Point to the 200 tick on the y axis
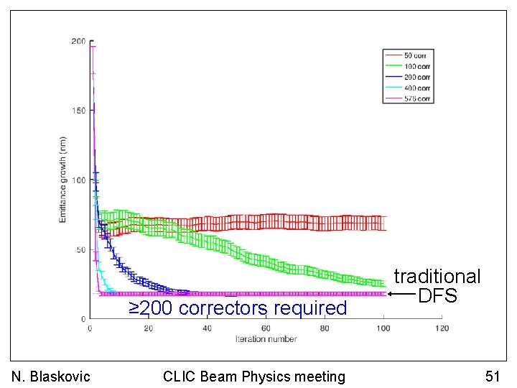(78, 42)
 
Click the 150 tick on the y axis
(78, 111)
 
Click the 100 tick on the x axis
(383, 328)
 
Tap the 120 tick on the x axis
(442, 328)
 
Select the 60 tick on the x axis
(266, 328)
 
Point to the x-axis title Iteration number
(266, 338)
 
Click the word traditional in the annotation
(437, 277)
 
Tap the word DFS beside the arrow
(437, 295)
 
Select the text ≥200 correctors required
(238, 308)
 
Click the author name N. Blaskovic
(51, 377)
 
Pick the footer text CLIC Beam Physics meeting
(253, 377)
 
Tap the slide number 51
(492, 377)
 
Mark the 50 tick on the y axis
(80, 250)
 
